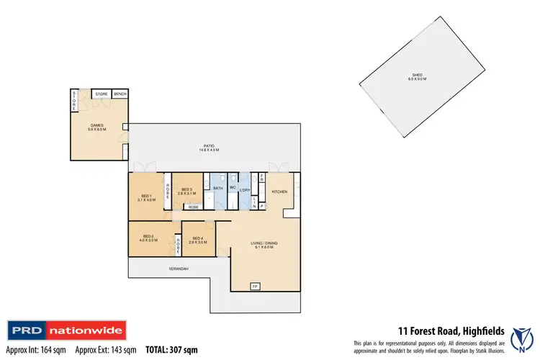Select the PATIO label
(x=211, y=149)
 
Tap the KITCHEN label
(x=280, y=192)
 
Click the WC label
(x=233, y=188)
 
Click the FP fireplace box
(x=254, y=287)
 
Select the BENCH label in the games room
(x=120, y=94)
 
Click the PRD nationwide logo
(x=67, y=330)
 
